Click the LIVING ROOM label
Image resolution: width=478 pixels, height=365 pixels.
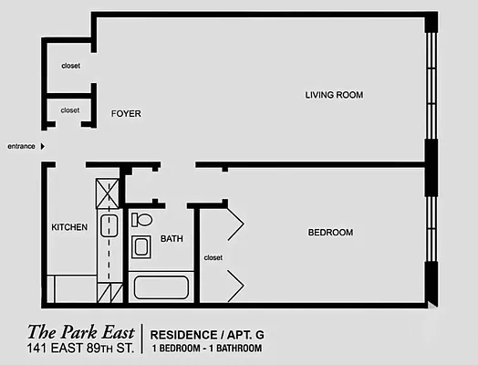point(334,95)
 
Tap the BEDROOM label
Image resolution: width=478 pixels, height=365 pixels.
point(330,233)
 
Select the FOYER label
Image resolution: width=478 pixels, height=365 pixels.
point(126,114)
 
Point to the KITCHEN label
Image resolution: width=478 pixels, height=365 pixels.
point(69,227)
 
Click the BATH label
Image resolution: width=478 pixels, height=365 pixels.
point(171,238)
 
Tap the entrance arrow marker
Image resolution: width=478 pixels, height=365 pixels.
point(43,146)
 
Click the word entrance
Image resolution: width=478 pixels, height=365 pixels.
point(21,146)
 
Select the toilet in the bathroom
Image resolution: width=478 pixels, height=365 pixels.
point(141,220)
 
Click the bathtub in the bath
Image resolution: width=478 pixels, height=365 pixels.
point(161,287)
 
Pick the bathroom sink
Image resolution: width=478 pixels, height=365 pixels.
point(141,246)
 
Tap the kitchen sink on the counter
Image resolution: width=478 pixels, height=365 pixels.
point(109,225)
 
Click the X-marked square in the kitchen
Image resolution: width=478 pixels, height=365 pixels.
point(108,193)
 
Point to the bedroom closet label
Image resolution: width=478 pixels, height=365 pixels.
point(213,257)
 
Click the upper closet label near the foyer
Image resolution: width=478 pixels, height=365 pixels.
point(71,66)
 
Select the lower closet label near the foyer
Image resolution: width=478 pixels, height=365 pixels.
point(70,110)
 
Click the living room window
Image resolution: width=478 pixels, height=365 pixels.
point(431,86)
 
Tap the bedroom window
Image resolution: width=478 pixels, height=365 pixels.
point(431,229)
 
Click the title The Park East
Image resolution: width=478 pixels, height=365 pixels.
point(81,332)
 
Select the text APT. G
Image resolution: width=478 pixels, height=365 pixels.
point(245,335)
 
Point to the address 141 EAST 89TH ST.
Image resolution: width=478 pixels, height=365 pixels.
point(80,349)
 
